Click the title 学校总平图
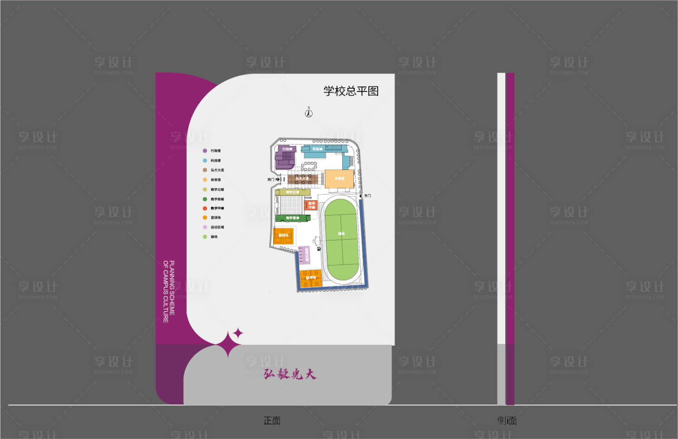[x=351, y=91]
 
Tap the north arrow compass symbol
[x=309, y=113]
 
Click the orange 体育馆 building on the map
[x=339, y=179]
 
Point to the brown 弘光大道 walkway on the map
[x=305, y=178]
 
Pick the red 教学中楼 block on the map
[x=311, y=205]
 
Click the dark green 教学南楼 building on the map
[x=293, y=218]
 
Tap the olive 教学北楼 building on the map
[x=293, y=192]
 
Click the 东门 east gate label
[x=367, y=196]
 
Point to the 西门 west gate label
[x=271, y=179]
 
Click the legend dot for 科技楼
[x=205, y=160]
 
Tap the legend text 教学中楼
[x=217, y=209]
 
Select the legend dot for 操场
[x=205, y=237]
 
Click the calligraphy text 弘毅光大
[x=290, y=374]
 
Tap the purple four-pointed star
[x=238, y=333]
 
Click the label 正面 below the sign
[x=272, y=421]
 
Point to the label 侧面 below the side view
[x=507, y=421]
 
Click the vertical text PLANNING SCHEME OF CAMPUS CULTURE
[x=169, y=291]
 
